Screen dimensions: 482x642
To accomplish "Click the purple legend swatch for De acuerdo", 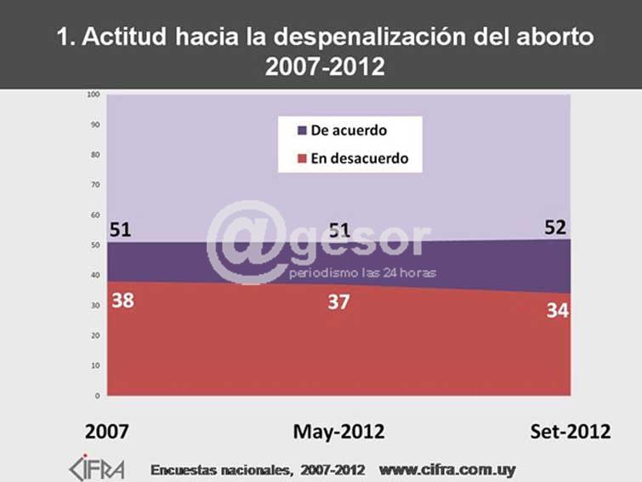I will coord(302,131).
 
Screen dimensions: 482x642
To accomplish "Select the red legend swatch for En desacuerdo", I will coord(302,158).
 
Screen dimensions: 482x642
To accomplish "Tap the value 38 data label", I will coord(122,301).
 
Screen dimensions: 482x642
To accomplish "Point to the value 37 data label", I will coord(338,301).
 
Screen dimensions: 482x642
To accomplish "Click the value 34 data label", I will coord(558,310).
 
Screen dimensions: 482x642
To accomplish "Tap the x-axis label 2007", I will coord(107,432).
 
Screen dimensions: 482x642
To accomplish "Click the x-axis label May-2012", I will coord(338,432).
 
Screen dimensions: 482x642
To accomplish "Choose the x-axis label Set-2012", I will coord(571,432).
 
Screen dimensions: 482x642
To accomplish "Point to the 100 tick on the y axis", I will coord(94,95).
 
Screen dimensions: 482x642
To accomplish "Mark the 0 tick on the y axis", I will coord(97,396).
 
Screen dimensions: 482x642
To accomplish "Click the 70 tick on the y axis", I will coord(95,185).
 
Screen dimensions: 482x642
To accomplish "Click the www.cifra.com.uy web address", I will coord(446,469).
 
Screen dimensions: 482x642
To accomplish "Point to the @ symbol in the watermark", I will coord(247,243).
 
